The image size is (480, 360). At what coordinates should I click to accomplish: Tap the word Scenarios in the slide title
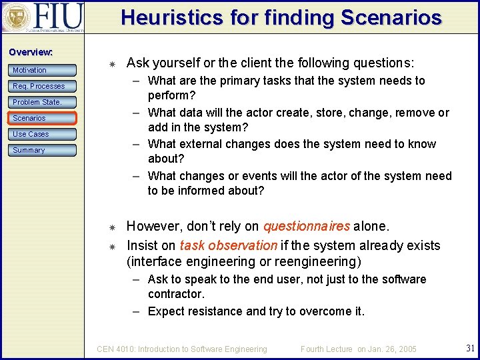click(391, 17)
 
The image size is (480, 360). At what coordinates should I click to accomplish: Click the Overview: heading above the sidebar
click(31, 52)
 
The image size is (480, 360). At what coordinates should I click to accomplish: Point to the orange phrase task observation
click(228, 245)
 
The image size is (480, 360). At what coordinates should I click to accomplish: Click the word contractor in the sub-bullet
click(175, 294)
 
